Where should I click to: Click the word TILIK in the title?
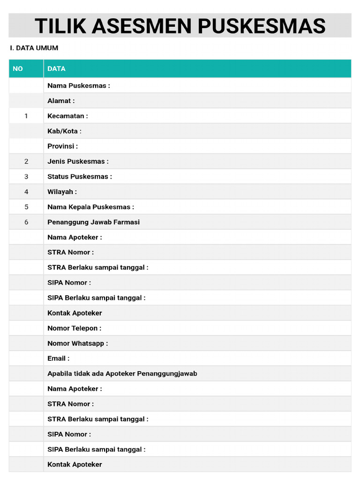pyautogui.click(x=60, y=26)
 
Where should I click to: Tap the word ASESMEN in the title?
pyautogui.click(x=142, y=26)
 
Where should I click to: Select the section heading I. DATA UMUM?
pyautogui.click(x=34, y=48)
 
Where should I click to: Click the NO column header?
pyautogui.click(x=18, y=69)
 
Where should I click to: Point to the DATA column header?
pyautogui.click(x=56, y=69)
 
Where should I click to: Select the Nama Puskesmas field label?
pyautogui.click(x=79, y=86)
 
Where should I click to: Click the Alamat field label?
pyautogui.click(x=61, y=101)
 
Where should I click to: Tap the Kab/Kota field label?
pyautogui.click(x=64, y=131)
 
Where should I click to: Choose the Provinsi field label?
pyautogui.click(x=62, y=146)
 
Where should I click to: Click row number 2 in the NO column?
pyautogui.click(x=26, y=161)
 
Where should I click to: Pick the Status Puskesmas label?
pyautogui.click(x=80, y=177)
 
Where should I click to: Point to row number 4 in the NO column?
pyautogui.click(x=26, y=192)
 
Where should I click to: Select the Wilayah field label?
pyautogui.click(x=62, y=192)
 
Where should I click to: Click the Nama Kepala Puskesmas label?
pyautogui.click(x=90, y=207)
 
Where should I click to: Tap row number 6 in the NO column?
pyautogui.click(x=26, y=222)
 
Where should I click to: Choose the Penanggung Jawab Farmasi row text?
pyautogui.click(x=93, y=222)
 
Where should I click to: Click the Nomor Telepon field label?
pyautogui.click(x=74, y=328)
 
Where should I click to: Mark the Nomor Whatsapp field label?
pyautogui.click(x=77, y=343)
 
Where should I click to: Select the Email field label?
pyautogui.click(x=58, y=358)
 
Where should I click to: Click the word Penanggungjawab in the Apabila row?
pyautogui.click(x=167, y=374)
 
